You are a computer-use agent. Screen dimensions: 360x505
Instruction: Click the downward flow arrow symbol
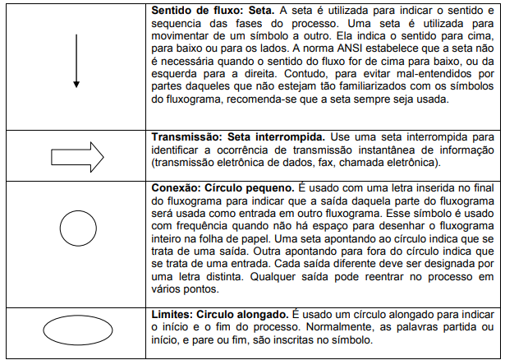(76, 61)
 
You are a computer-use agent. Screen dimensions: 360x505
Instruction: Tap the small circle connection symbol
(75, 224)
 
